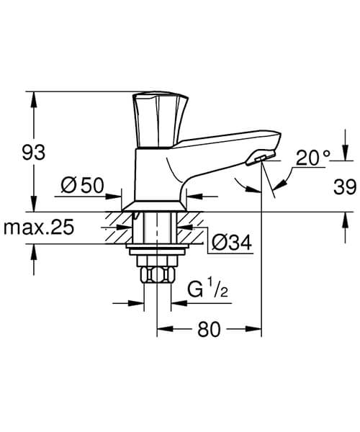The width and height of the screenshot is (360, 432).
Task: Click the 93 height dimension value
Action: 33,153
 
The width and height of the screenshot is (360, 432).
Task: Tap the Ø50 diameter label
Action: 83,186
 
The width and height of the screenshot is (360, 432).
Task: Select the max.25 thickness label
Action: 39,228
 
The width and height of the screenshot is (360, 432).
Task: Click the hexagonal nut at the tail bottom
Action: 158,275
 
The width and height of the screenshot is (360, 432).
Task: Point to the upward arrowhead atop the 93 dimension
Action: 33,97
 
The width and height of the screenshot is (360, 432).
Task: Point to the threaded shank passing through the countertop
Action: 158,229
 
